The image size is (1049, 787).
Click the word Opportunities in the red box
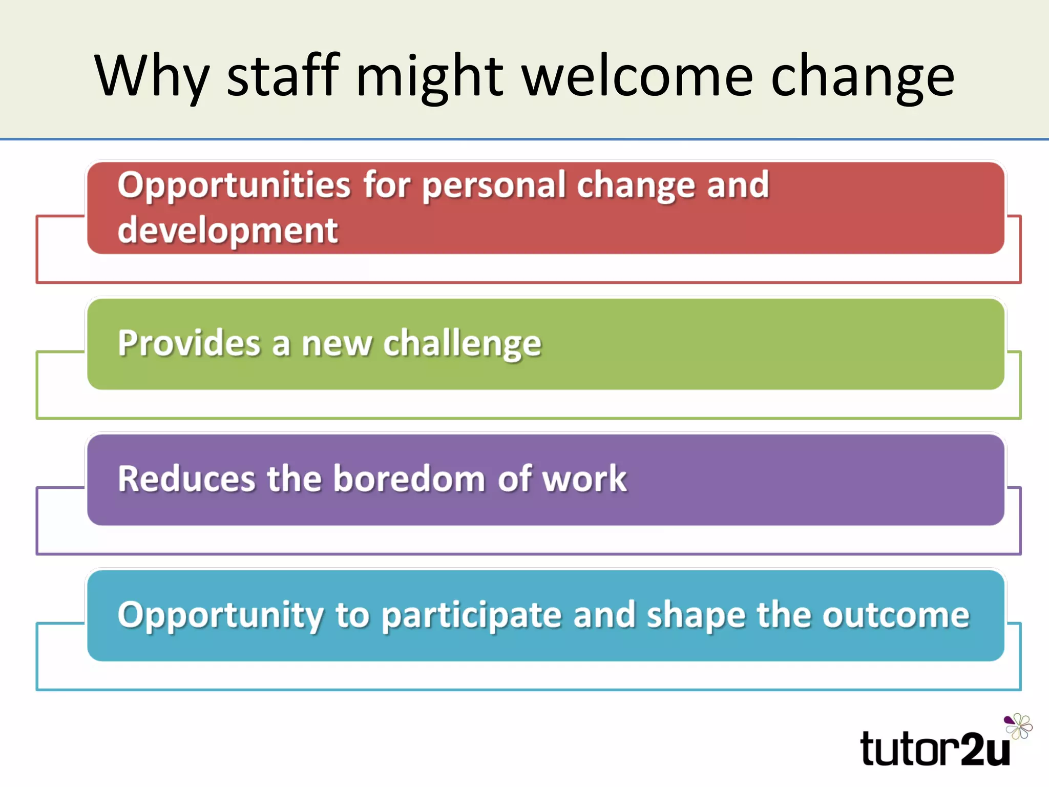click(234, 185)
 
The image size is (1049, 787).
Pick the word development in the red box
click(228, 231)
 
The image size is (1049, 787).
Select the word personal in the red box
click(494, 185)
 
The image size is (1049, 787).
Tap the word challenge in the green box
click(462, 344)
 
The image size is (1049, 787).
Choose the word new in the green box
click(336, 344)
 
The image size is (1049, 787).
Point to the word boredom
click(409, 479)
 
